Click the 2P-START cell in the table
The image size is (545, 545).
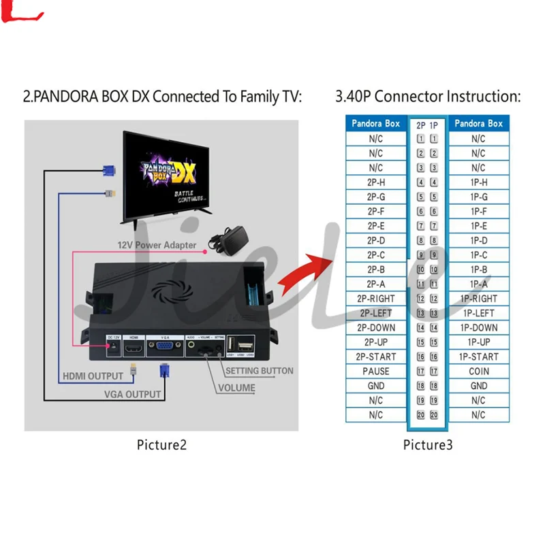376,357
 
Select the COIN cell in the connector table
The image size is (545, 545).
478,371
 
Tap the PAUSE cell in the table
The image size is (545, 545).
376,371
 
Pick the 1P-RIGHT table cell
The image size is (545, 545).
478,299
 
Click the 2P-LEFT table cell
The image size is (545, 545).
376,313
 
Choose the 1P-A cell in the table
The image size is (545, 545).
478,284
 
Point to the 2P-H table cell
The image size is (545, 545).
376,182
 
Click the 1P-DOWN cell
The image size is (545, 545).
478,328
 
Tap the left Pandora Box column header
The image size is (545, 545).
376,124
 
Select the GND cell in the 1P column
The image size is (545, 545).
478,386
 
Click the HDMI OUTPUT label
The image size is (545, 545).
93,376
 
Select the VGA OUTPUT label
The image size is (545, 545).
132,394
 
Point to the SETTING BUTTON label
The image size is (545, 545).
259,371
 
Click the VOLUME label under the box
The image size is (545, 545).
236,389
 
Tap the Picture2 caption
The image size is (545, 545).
161,445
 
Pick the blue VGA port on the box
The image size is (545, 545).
163,346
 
